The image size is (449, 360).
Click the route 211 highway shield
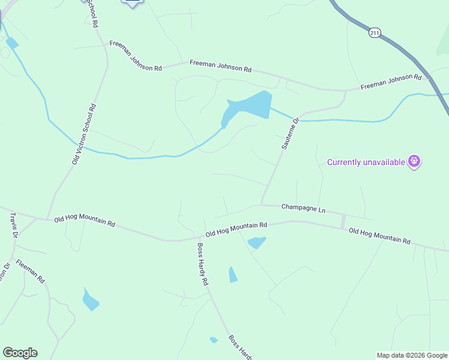[375, 32]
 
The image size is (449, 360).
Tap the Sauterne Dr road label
[290, 134]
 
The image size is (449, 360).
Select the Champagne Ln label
[303, 209]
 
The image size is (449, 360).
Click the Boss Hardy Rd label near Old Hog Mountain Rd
[202, 264]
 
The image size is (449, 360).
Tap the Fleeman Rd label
[31, 271]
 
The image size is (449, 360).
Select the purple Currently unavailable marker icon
[414, 161]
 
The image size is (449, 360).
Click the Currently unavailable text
[365, 162]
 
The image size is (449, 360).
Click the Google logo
[20, 353]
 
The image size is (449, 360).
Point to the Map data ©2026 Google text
[412, 355]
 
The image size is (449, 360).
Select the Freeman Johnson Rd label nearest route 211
[391, 82]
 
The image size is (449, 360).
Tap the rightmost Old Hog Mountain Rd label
[379, 236]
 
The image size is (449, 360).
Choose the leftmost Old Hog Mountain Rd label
[84, 222]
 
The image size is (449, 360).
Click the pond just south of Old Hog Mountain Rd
[257, 242]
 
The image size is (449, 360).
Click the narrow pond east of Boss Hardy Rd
[232, 275]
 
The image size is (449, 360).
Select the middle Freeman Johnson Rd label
[220, 66]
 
